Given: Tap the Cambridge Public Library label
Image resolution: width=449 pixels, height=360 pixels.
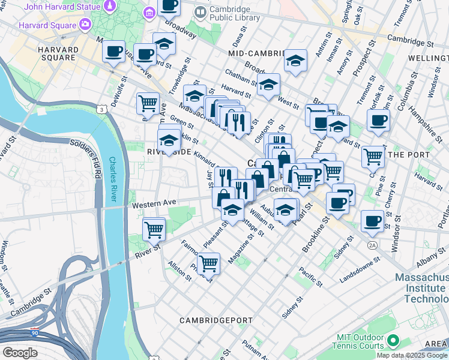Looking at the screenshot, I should click(234, 14).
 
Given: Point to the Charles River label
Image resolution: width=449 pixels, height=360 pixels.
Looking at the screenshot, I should click(113, 179).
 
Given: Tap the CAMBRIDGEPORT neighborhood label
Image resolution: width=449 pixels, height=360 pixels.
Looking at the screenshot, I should click(216, 320).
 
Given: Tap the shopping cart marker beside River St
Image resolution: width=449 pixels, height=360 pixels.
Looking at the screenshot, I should click(154, 229).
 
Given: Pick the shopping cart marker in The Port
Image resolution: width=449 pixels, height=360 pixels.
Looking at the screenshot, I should click(373, 158).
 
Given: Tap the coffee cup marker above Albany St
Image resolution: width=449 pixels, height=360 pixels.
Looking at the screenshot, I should click(372, 221).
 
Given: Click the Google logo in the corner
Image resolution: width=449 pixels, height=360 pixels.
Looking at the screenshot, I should click(20, 352).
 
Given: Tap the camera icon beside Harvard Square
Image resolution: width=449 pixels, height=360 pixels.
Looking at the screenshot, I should click(85, 25).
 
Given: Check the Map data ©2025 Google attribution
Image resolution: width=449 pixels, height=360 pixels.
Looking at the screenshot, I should click(412, 355).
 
